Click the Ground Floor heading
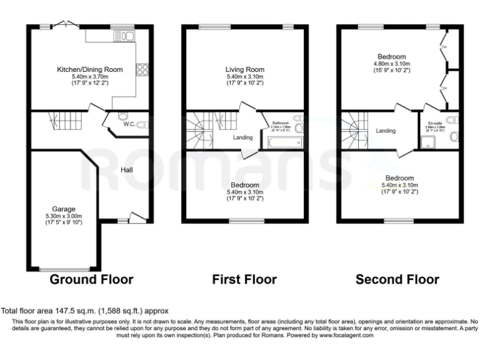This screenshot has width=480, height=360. pyautogui.click(x=91, y=279)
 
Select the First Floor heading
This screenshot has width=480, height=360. pyautogui.click(x=245, y=279)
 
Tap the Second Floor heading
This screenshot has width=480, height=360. pyautogui.click(x=397, y=279)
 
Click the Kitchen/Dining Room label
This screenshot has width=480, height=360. pyautogui.click(x=90, y=69)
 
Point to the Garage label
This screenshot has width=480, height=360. pyautogui.click(x=64, y=209)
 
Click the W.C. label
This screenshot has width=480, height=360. pyautogui.click(x=129, y=124)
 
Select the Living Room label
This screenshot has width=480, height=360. pyautogui.click(x=245, y=69)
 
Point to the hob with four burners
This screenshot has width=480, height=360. pyautogui.click(x=141, y=69)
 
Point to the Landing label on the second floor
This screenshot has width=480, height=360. pyautogui.click(x=386, y=131)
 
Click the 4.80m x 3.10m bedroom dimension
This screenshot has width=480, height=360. pyautogui.click(x=391, y=64)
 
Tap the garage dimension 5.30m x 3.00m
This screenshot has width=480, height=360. pyautogui.click(x=64, y=216)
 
